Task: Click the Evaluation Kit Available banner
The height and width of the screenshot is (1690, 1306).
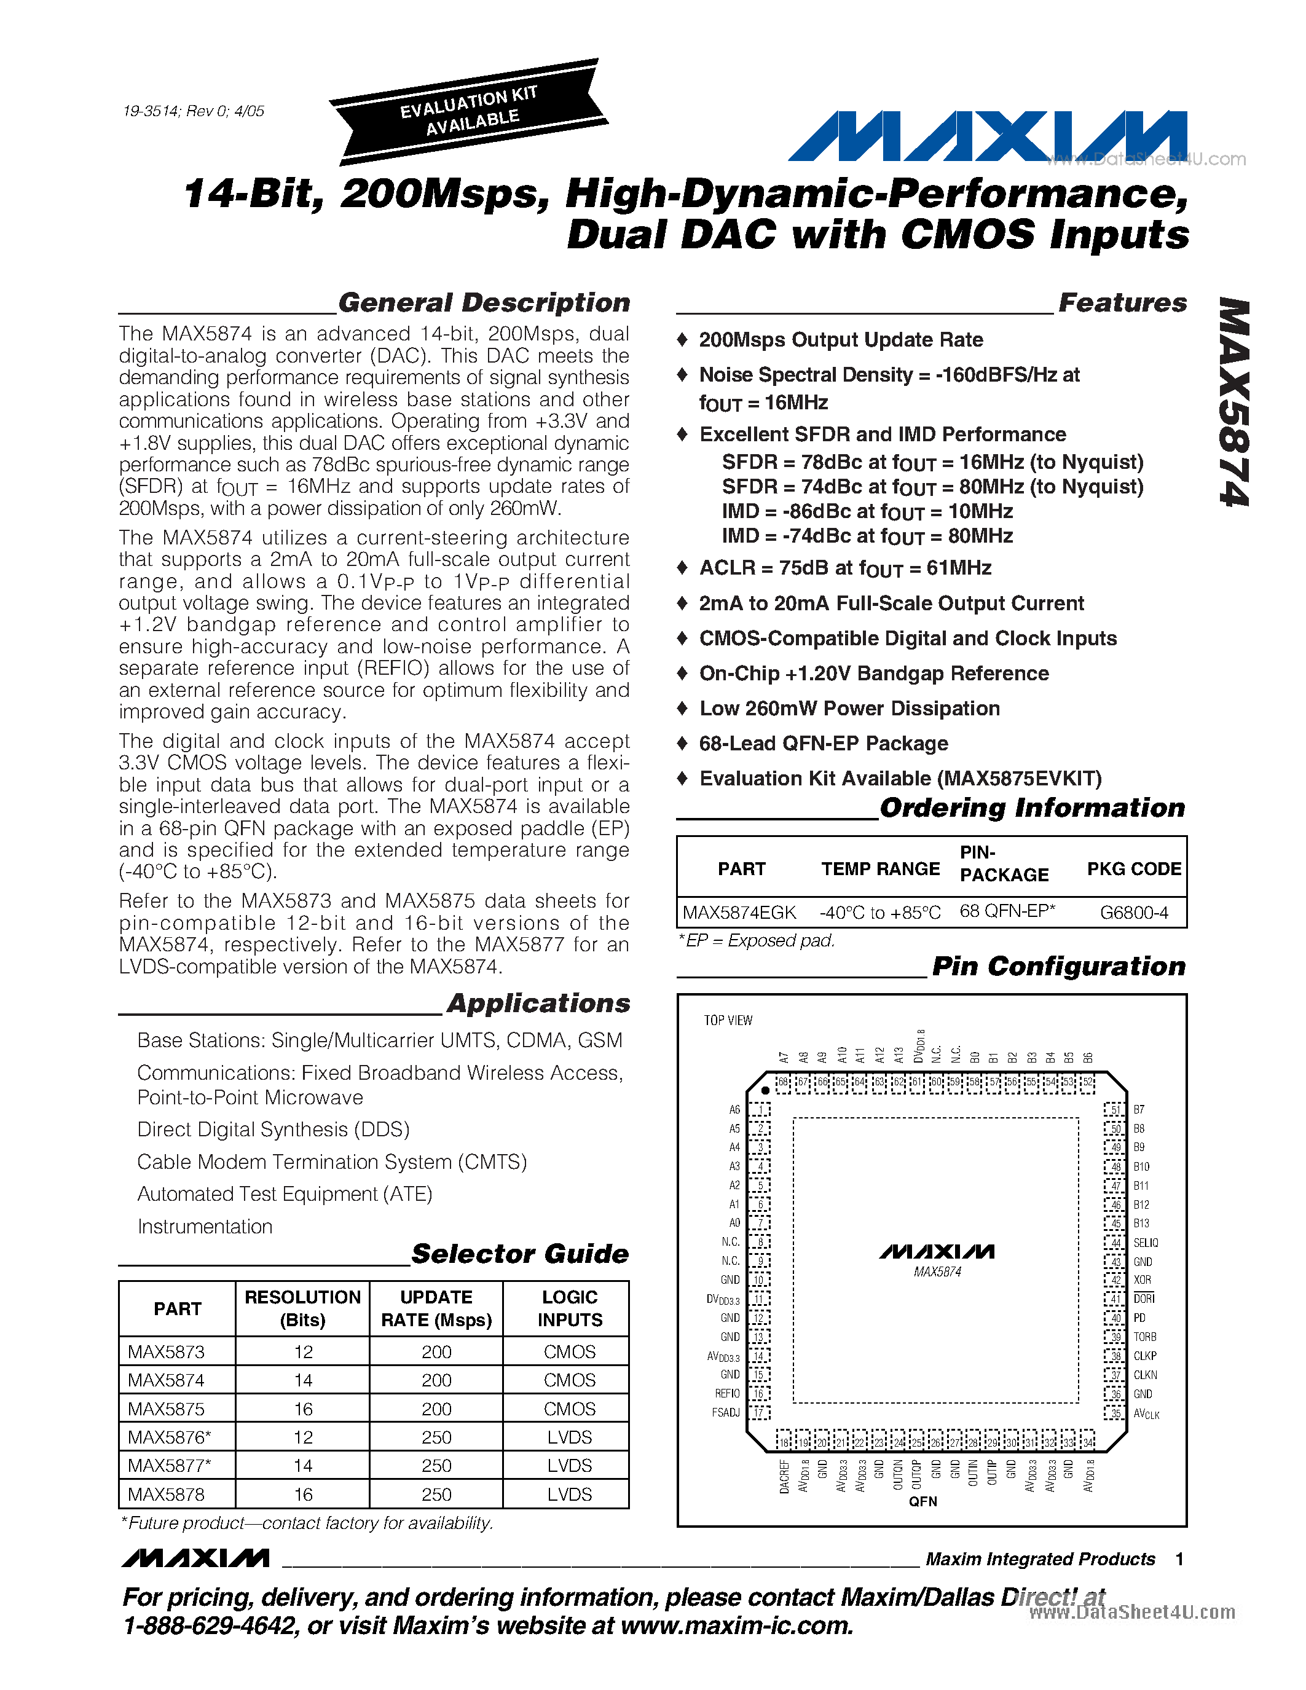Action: [468, 111]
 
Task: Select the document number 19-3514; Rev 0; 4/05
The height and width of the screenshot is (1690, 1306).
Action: [194, 111]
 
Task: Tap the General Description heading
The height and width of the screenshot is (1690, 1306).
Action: [484, 302]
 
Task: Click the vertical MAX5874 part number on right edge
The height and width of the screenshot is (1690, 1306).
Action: [1235, 403]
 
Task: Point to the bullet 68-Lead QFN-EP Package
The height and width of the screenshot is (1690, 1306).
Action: [823, 744]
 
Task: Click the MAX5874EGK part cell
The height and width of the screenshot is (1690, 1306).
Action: [739, 913]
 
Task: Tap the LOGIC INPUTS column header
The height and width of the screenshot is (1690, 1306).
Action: [570, 1308]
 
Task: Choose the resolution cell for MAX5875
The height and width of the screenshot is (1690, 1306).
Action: [302, 1409]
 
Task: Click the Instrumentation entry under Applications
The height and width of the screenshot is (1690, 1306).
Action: [205, 1227]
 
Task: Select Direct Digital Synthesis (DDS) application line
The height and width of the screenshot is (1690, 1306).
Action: [273, 1130]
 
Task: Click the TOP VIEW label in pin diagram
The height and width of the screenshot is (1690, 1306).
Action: [727, 1021]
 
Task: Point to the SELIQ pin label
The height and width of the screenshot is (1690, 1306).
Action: [1146, 1243]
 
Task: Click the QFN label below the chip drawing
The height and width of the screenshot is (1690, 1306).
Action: [923, 1502]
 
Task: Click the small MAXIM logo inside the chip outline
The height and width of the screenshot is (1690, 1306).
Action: [937, 1251]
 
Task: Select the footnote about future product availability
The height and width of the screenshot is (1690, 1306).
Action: [307, 1523]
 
